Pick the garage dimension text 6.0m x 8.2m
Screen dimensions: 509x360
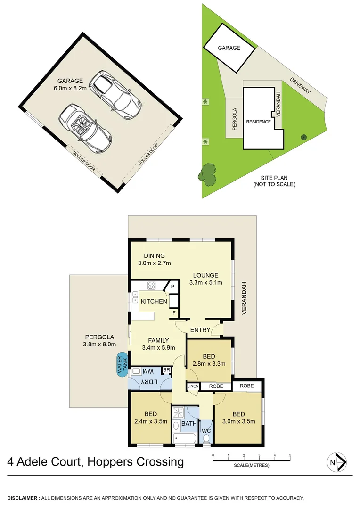click(70, 88)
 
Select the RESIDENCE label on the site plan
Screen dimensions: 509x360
click(259, 122)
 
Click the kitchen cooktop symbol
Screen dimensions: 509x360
click(152, 285)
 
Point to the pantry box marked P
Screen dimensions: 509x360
click(172, 287)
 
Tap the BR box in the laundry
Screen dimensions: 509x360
click(166, 371)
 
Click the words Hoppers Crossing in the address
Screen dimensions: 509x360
click(137, 461)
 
